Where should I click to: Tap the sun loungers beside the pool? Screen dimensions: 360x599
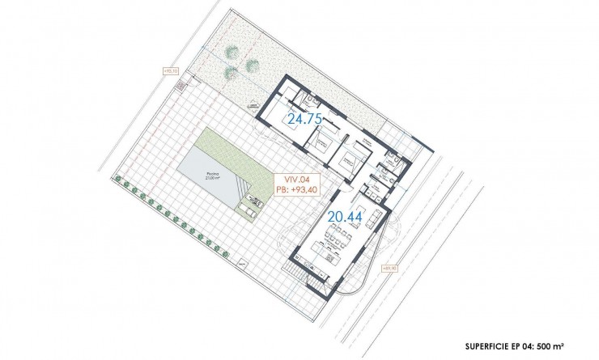pos(248,207)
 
